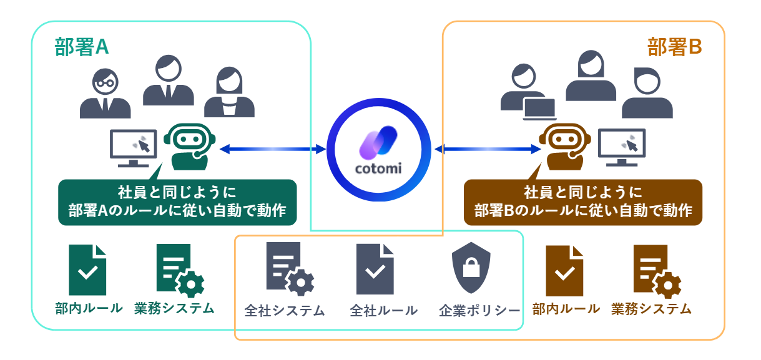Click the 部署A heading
[x=82, y=48]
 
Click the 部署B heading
[x=675, y=47]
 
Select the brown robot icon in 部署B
[x=564, y=147]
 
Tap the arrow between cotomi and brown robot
[x=488, y=148]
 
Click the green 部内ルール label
[x=87, y=308]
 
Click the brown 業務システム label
[x=652, y=308]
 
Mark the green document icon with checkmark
[x=87, y=270]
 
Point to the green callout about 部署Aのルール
[x=177, y=202]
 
